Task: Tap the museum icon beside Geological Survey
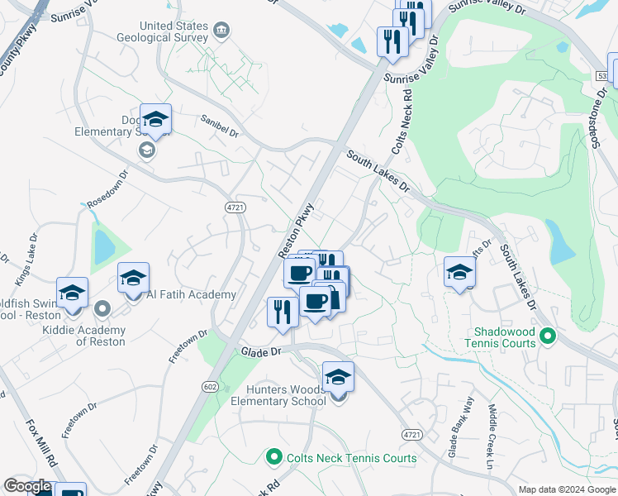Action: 221,31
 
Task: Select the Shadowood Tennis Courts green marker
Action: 547,336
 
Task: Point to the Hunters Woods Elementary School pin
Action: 338,379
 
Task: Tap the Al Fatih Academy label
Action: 192,294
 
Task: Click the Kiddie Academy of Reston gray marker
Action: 102,309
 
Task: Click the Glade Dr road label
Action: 262,351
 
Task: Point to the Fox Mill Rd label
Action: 40,442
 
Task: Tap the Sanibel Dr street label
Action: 220,126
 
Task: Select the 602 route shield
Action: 211,386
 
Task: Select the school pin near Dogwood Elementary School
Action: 155,121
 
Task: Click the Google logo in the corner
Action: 27,486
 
